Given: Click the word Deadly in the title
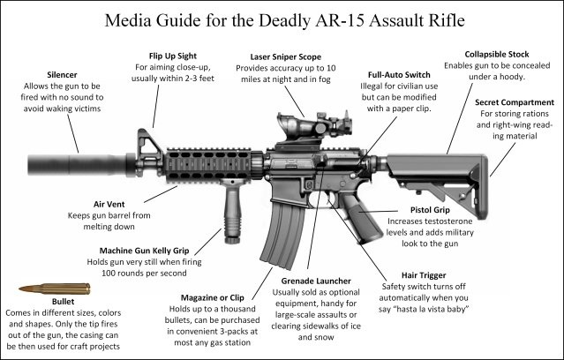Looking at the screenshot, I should (296, 19).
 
